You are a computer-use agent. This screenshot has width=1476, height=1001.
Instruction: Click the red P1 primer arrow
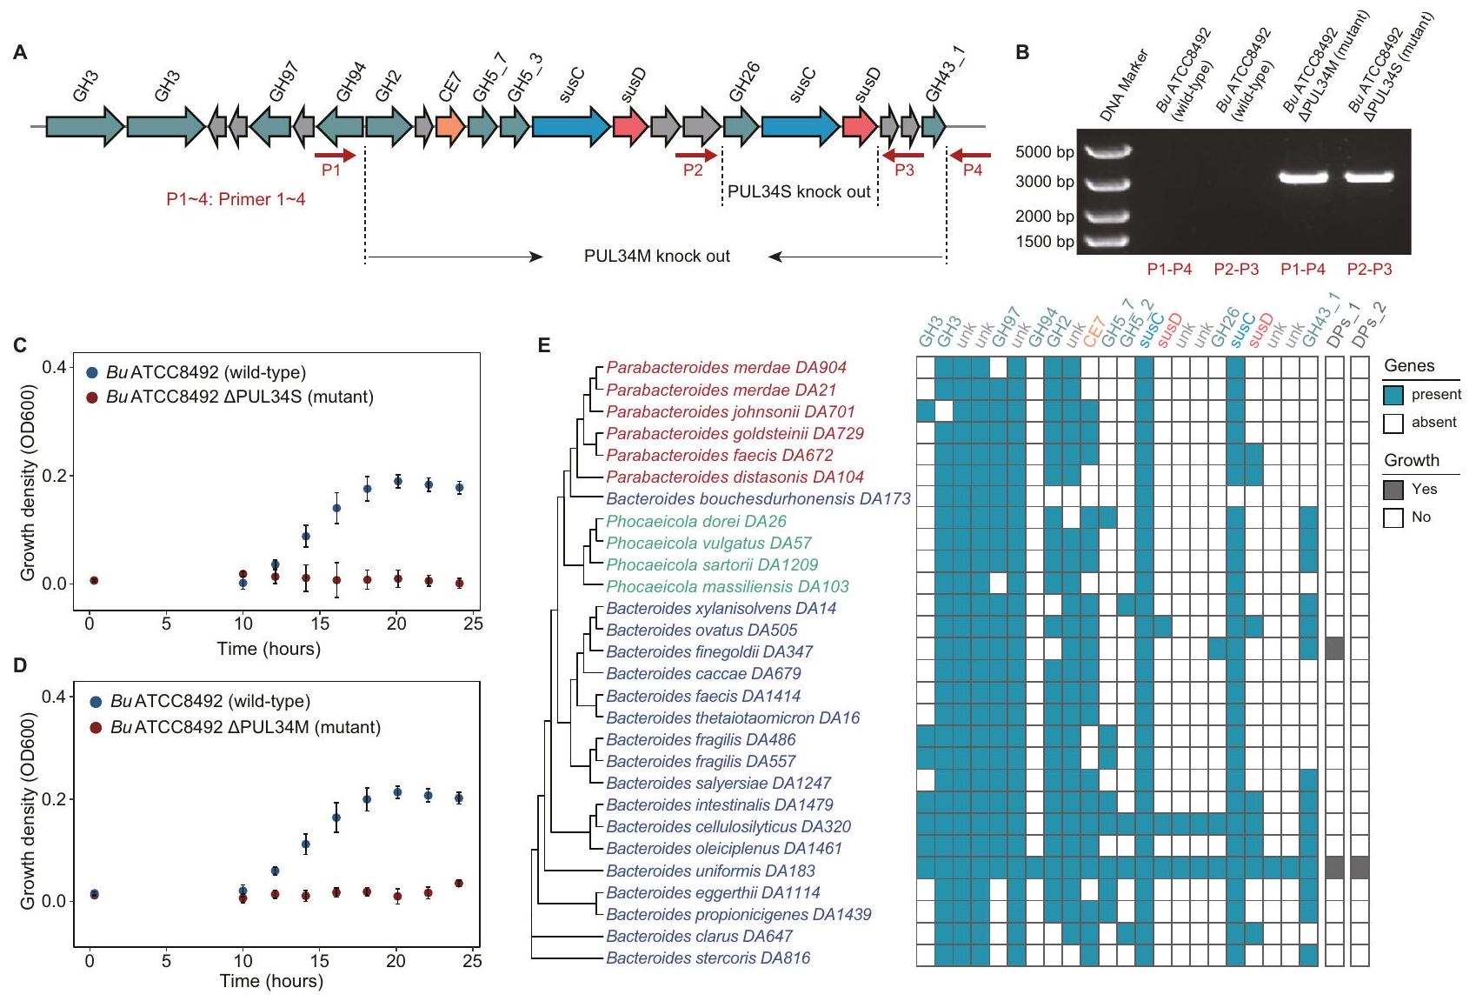tap(336, 156)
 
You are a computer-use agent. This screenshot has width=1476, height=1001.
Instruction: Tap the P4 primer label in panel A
tap(972, 170)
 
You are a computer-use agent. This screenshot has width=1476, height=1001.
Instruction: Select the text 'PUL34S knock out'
tap(799, 192)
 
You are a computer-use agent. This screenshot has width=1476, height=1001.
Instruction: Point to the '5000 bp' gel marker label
tap(1044, 152)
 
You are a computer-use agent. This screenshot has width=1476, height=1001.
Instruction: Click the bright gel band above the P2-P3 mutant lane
tap(1369, 177)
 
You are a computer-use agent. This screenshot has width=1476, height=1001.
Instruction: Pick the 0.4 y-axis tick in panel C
tap(55, 367)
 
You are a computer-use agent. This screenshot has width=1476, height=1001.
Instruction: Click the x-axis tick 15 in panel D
tap(320, 960)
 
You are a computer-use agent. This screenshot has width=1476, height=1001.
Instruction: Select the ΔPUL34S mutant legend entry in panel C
tap(239, 397)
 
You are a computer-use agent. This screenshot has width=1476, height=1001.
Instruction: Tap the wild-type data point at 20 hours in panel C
tap(398, 481)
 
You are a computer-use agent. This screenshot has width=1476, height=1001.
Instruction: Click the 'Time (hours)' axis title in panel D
tap(271, 982)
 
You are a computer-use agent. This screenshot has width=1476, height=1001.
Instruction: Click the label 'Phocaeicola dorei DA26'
tap(695, 521)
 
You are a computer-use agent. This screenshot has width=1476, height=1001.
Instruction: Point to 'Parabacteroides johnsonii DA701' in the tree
tap(730, 411)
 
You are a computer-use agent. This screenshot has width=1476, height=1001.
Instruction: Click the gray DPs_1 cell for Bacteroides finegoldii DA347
tap(1334, 648)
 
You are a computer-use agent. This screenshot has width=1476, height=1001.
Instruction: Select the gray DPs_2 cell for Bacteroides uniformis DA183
tap(1360, 867)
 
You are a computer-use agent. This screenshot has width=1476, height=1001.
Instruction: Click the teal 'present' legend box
tap(1393, 395)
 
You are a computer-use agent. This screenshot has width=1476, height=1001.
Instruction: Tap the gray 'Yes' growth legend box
tap(1393, 490)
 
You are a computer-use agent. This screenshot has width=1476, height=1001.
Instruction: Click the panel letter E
tap(544, 346)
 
